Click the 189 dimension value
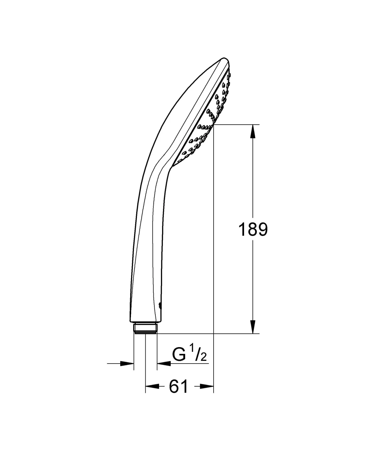point(253,230)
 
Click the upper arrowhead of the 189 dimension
point(253,131)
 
